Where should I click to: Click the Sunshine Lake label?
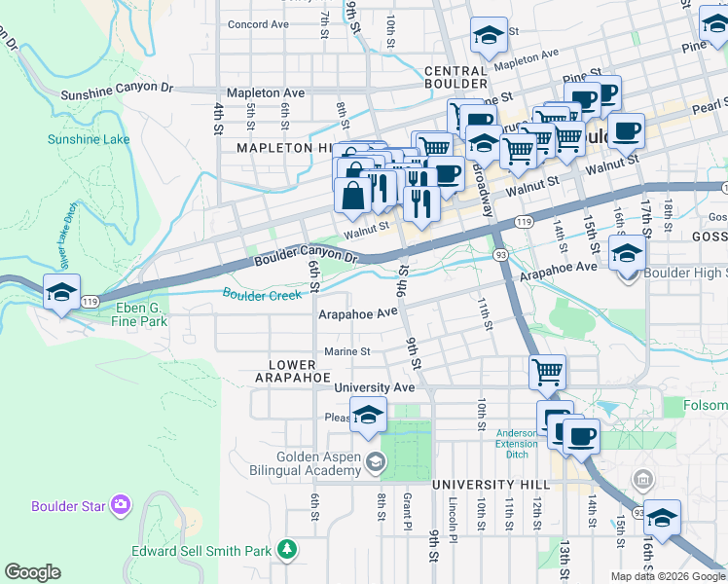tap(89, 139)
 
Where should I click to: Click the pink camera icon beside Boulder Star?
tap(121, 504)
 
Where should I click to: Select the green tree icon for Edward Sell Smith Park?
tap(286, 551)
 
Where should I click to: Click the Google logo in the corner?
tap(32, 572)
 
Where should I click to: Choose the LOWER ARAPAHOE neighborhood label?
tap(294, 370)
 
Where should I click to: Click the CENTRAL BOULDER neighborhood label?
tap(455, 78)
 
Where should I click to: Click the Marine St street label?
tap(346, 351)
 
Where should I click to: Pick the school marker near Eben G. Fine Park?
tap(60, 293)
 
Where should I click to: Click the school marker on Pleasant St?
tap(369, 415)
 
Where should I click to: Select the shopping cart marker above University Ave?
tap(548, 371)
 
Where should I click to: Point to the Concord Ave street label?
tap(258, 23)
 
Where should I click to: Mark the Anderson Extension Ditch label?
tap(516, 439)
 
